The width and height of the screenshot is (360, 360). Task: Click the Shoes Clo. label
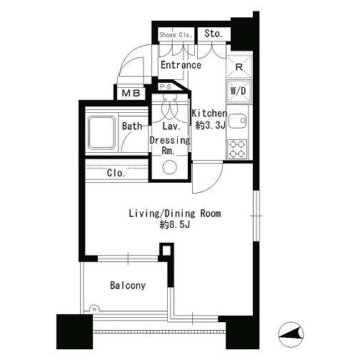pos(176,35)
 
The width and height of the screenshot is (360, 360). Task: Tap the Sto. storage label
pos(214,34)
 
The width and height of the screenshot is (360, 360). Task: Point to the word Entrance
pos(181,65)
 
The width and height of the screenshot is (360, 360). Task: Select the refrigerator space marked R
pos(239,67)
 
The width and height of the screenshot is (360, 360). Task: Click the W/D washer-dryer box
pos(239,91)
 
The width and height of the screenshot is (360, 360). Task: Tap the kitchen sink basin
pos(237,121)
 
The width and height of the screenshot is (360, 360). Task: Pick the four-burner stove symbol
pos(237,149)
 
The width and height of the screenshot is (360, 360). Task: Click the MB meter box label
pos(131,94)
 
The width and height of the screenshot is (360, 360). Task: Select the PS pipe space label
pos(166,87)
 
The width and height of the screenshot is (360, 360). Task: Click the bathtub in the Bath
pos(102,132)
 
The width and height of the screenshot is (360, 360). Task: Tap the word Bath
pos(132,126)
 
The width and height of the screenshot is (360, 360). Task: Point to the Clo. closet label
pos(116,173)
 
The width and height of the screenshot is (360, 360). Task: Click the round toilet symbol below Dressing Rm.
pos(170,167)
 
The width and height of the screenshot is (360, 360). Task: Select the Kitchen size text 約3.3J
pos(210,125)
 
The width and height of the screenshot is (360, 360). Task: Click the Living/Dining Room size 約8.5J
pos(175,224)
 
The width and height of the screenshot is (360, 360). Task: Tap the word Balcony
pos(128,285)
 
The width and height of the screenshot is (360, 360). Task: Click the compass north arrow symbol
pos(291,334)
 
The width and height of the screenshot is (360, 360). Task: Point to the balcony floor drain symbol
pos(94,309)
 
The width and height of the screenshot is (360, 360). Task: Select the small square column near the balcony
pos(166,250)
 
